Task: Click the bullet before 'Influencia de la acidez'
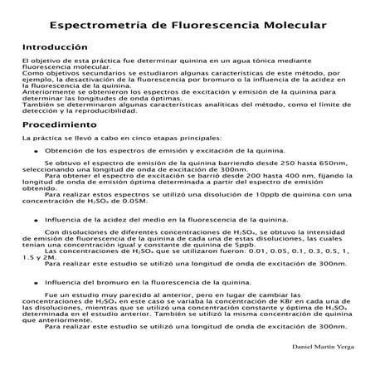(35, 218)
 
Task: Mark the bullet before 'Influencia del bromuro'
(35, 282)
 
